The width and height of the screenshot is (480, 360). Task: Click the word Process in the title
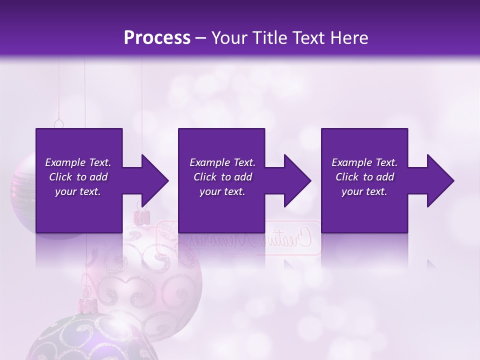click(x=157, y=37)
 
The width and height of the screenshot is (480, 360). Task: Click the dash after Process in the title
click(x=201, y=38)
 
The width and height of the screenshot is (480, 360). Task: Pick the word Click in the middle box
click(x=205, y=177)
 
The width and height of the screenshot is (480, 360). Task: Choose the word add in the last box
click(x=384, y=177)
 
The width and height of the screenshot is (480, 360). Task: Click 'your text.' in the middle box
click(x=222, y=191)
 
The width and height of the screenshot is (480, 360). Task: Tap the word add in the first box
click(x=97, y=177)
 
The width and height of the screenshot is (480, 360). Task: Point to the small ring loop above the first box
click(x=59, y=123)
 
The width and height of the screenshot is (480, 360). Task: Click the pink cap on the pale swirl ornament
click(x=142, y=217)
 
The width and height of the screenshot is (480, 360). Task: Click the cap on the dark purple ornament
click(x=85, y=303)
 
